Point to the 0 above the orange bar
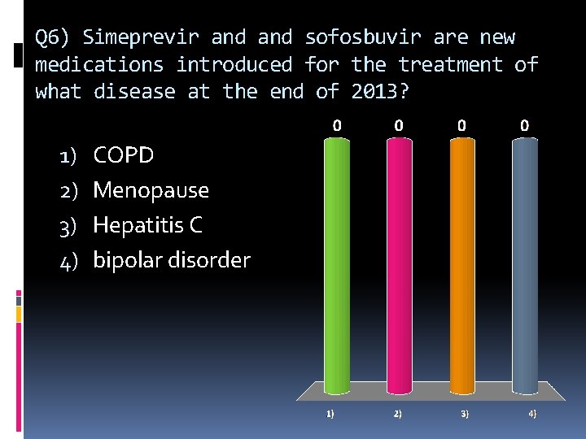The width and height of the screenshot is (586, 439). click(461, 126)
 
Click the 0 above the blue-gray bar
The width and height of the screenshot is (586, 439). click(525, 126)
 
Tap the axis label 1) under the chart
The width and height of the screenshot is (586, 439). click(330, 414)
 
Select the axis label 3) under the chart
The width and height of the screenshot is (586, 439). click(464, 414)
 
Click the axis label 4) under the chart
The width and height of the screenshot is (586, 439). click(531, 414)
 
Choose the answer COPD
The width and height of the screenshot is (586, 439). click(124, 154)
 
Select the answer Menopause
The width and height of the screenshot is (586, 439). click(151, 190)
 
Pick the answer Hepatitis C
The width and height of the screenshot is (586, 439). click(147, 225)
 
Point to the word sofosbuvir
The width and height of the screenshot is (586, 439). click(363, 37)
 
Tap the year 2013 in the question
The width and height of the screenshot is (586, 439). click(374, 92)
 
